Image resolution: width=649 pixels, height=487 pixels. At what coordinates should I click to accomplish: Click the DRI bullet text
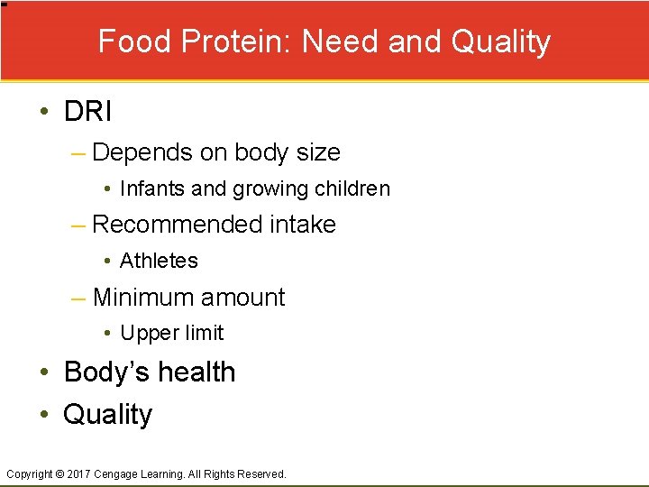(x=87, y=112)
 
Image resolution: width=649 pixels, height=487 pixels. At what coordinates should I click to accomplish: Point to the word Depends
(x=142, y=152)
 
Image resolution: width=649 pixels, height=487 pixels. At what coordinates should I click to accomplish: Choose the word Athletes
(x=159, y=261)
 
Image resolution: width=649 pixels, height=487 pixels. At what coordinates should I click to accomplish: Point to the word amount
(x=249, y=297)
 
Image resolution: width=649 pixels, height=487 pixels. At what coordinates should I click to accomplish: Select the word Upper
(x=144, y=333)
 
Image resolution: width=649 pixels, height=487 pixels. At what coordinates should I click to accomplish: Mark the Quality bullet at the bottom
(x=108, y=414)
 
